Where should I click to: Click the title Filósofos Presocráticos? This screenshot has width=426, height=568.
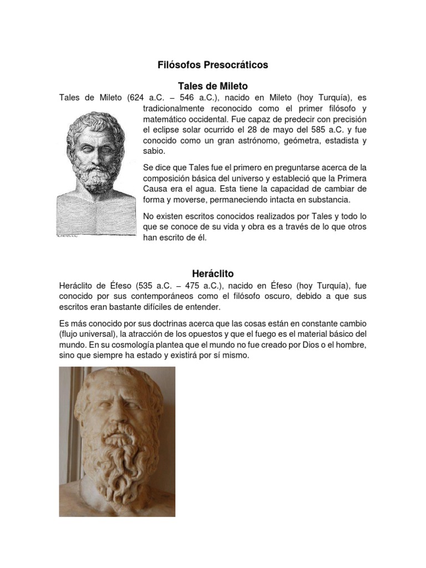213,65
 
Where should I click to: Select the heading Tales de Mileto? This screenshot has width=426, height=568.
212,86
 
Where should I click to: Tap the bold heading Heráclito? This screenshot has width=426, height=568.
213,273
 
